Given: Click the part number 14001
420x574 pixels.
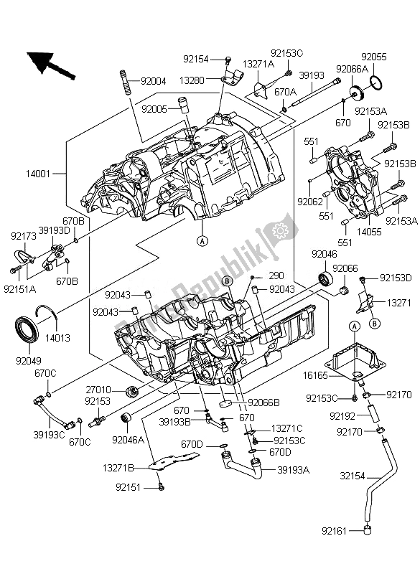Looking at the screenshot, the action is [x=38, y=173].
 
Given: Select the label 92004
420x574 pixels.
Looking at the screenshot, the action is [x=154, y=81].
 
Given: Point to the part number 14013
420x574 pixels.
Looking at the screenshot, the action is [x=57, y=337].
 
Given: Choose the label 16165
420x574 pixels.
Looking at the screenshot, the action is [x=315, y=375].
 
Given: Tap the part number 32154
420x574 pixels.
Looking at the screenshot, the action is [x=353, y=476].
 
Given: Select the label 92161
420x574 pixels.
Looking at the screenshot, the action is [x=335, y=530].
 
